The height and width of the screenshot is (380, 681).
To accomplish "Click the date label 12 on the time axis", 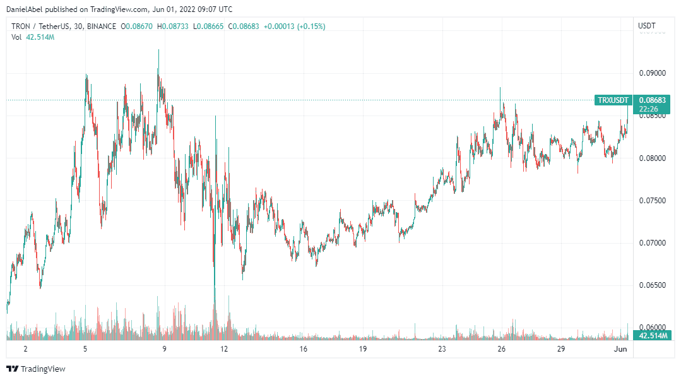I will point(223,349).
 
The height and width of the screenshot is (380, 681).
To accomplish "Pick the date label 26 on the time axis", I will point(501,349).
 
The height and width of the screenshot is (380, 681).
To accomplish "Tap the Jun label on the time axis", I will point(622,349).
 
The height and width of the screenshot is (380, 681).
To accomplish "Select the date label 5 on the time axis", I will point(85,349).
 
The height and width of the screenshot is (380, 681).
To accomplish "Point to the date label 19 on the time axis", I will point(362,349).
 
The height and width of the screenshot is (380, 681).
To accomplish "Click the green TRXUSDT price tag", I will point(613,100).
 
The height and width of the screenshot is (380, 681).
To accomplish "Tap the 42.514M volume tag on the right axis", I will point(652,336).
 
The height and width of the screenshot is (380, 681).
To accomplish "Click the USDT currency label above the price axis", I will point(647,26).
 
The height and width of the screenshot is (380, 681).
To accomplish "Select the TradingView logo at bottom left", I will point(36,369).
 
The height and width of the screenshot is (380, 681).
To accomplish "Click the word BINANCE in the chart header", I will point(101,27).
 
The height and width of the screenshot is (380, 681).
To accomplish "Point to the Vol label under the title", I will point(16,37).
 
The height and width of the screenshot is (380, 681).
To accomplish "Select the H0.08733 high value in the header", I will point(174,27).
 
